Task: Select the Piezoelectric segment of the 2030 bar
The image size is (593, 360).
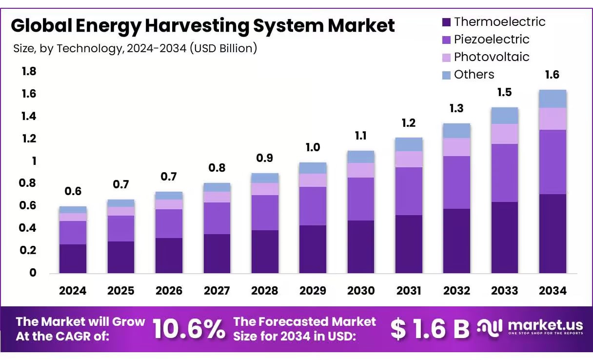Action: (x=360, y=199)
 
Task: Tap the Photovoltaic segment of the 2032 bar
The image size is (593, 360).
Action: (x=456, y=147)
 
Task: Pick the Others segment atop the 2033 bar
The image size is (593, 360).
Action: (x=505, y=116)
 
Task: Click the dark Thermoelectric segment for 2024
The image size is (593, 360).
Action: (x=73, y=259)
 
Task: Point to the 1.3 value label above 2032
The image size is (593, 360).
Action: (x=456, y=109)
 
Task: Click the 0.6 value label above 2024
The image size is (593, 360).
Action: (x=73, y=191)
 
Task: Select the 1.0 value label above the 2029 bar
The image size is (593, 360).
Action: (x=313, y=147)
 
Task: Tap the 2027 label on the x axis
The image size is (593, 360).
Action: (x=217, y=291)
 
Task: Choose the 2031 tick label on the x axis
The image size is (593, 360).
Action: (x=409, y=291)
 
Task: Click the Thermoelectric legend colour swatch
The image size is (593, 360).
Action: (x=446, y=22)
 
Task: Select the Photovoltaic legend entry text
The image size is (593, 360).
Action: (x=491, y=57)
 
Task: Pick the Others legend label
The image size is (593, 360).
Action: (x=474, y=74)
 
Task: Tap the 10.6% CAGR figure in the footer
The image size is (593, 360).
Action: (x=189, y=329)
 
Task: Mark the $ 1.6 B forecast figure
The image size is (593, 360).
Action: (x=429, y=329)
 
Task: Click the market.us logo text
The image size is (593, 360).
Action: (x=545, y=325)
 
